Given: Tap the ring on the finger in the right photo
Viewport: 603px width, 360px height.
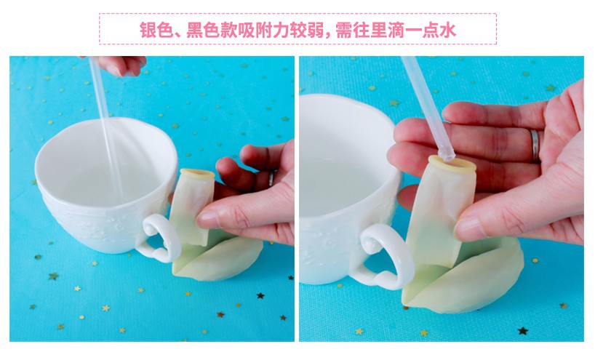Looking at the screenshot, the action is [535, 145].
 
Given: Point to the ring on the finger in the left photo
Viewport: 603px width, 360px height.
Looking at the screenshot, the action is [271, 178].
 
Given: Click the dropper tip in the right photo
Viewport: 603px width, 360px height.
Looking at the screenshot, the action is [446, 155].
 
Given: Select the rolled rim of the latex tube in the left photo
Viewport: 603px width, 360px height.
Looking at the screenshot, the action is [197, 175].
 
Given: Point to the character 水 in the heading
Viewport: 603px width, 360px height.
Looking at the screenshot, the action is [448, 30].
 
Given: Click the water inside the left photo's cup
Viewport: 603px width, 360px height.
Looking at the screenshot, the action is [103, 185].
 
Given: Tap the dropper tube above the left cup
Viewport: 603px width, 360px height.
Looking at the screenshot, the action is [105, 127].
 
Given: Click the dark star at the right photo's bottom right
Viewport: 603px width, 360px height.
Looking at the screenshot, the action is [523, 330].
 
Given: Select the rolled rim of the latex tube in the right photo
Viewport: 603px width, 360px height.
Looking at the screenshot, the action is [452, 164].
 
